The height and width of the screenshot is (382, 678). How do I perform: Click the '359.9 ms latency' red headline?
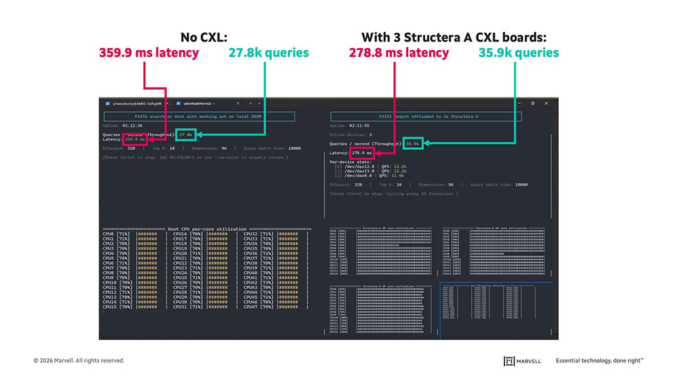(148, 52)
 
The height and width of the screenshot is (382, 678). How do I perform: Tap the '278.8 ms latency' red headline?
(399, 52)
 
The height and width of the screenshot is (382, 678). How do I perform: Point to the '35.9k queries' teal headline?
(519, 52)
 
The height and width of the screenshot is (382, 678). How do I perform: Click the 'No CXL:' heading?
(203, 37)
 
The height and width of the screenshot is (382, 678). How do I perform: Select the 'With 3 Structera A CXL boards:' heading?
(454, 37)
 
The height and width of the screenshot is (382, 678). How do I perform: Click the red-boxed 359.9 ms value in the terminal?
(134, 140)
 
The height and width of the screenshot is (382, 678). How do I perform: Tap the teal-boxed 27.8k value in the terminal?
(186, 134)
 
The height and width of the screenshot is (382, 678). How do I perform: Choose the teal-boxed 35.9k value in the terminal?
(412, 144)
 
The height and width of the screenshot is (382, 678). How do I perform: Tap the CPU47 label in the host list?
(250, 307)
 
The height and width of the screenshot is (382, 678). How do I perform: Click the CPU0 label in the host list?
(109, 234)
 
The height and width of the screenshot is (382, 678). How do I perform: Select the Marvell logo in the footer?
(523, 360)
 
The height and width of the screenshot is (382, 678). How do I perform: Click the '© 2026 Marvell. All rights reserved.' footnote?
(79, 360)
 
